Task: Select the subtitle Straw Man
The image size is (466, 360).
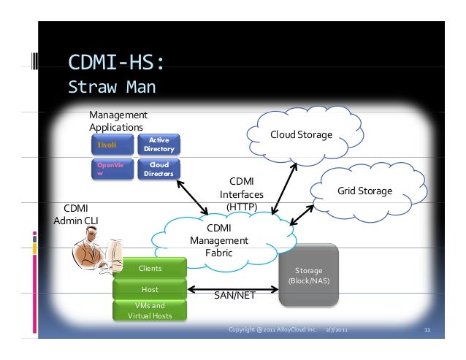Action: (x=111, y=88)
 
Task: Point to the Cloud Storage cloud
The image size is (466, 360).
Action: (x=300, y=134)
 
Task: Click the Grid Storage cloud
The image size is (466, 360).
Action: (x=364, y=191)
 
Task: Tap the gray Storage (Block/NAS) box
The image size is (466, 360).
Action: (x=308, y=275)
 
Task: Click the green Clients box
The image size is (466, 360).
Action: (x=150, y=268)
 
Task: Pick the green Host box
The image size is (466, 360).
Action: (x=150, y=289)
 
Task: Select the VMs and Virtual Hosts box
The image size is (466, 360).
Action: (x=150, y=310)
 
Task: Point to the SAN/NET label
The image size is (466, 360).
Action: (x=234, y=296)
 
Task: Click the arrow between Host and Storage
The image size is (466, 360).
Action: (x=234, y=289)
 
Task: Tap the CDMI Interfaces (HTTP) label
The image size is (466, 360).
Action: (x=241, y=194)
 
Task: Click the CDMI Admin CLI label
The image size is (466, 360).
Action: (x=75, y=213)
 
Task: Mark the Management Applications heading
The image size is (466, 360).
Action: (x=117, y=120)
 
